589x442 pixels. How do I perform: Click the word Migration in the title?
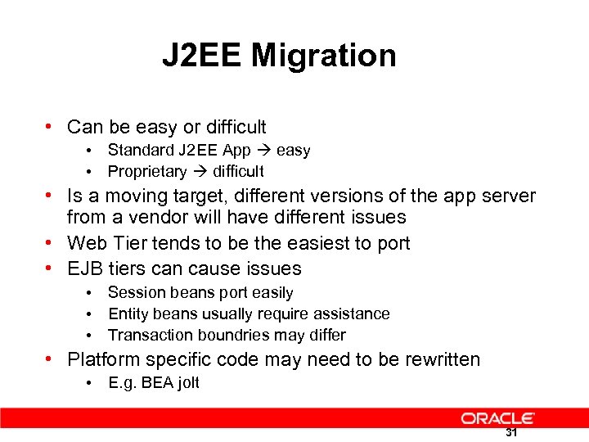324,56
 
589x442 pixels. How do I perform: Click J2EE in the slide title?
202,56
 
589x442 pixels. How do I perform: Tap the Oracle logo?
497,418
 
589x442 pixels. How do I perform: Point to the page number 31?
511,433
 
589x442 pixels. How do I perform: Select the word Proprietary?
147,171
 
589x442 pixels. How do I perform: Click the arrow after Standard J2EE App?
263,151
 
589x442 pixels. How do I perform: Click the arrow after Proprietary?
200,172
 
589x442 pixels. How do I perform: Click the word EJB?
85,268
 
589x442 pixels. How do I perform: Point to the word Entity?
128,313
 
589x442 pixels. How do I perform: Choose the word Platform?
103,359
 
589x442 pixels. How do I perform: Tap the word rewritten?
439,359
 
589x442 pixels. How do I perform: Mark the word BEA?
154,383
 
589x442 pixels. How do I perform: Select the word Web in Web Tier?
85,243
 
